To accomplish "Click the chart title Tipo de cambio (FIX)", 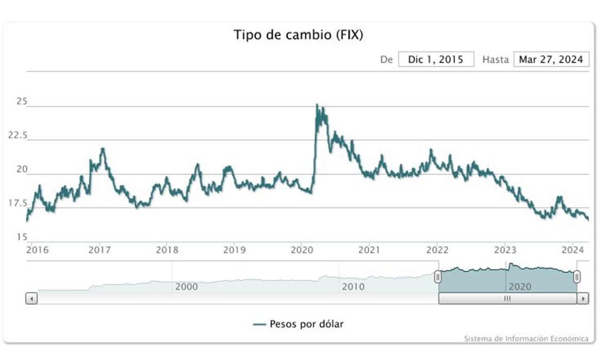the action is click(298, 34).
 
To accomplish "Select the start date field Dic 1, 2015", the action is click(436, 59).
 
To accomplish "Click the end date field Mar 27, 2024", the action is click(551, 59).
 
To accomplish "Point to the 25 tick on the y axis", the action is click(22, 101).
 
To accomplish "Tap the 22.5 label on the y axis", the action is click(17, 135).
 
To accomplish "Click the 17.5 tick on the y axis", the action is click(17, 203).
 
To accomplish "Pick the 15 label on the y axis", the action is click(22, 237).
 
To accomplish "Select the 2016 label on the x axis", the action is click(37, 250).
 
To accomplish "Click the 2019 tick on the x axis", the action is click(235, 250).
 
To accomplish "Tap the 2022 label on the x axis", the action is click(437, 250).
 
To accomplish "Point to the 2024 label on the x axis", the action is click(573, 250).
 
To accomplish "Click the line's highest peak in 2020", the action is click(317, 104).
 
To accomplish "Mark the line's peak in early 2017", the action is click(103, 149).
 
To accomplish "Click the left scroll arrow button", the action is click(31, 298).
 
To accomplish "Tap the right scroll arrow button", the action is click(583, 298).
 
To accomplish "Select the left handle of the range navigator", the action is click(438, 277).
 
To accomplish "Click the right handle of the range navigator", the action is click(577, 277).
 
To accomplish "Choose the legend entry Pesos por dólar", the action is click(298, 324).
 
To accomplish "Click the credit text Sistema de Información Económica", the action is click(526, 339).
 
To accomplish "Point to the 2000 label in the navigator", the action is click(186, 286).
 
